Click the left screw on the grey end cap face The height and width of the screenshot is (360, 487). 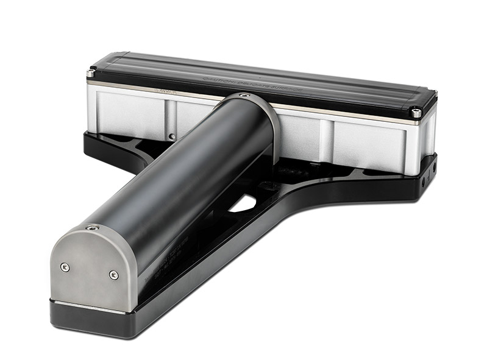(x=65, y=267)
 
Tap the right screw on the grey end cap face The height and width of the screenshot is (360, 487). (x=114, y=275)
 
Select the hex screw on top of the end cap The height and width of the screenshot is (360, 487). (x=92, y=228)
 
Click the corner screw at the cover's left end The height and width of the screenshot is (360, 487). (x=91, y=74)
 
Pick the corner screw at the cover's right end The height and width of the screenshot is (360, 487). (x=416, y=113)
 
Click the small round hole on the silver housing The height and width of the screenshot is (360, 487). (x=172, y=135)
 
